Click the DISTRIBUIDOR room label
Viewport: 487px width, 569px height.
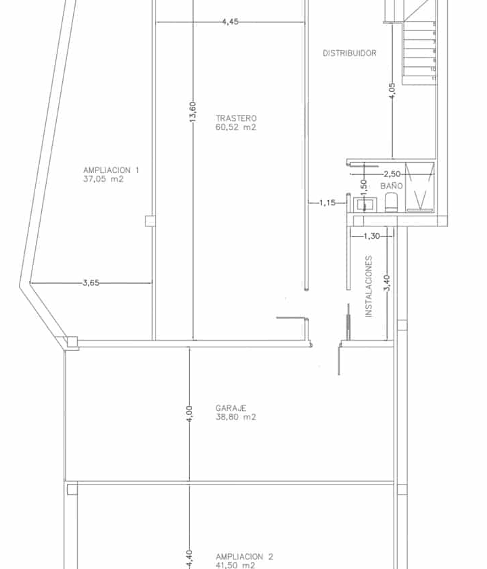click(x=350, y=53)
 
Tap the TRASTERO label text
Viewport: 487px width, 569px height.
click(x=236, y=118)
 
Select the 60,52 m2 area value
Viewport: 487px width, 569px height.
click(x=235, y=127)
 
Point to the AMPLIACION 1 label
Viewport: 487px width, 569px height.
click(x=111, y=170)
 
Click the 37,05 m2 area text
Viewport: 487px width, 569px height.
click(x=103, y=179)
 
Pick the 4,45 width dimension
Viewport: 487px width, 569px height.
click(x=231, y=22)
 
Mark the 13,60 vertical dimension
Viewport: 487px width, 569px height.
click(x=193, y=112)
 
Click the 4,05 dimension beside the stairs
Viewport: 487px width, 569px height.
click(x=392, y=91)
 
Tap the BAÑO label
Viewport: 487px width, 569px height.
click(x=392, y=186)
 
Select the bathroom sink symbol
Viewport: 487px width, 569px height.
click(x=365, y=204)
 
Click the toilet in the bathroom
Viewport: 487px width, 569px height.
click(x=391, y=203)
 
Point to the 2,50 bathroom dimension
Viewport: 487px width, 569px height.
click(x=392, y=174)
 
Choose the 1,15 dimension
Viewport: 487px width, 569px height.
click(x=327, y=203)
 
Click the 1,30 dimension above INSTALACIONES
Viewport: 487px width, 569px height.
click(x=371, y=237)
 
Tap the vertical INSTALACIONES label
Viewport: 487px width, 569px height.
click(x=369, y=287)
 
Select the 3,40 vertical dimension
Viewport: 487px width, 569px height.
click(x=387, y=283)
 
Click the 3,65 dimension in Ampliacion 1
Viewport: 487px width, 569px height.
click(x=91, y=282)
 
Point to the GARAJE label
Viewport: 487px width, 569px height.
click(x=231, y=408)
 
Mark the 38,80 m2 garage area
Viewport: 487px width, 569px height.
click(x=235, y=417)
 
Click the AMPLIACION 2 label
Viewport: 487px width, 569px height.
click(x=244, y=557)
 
